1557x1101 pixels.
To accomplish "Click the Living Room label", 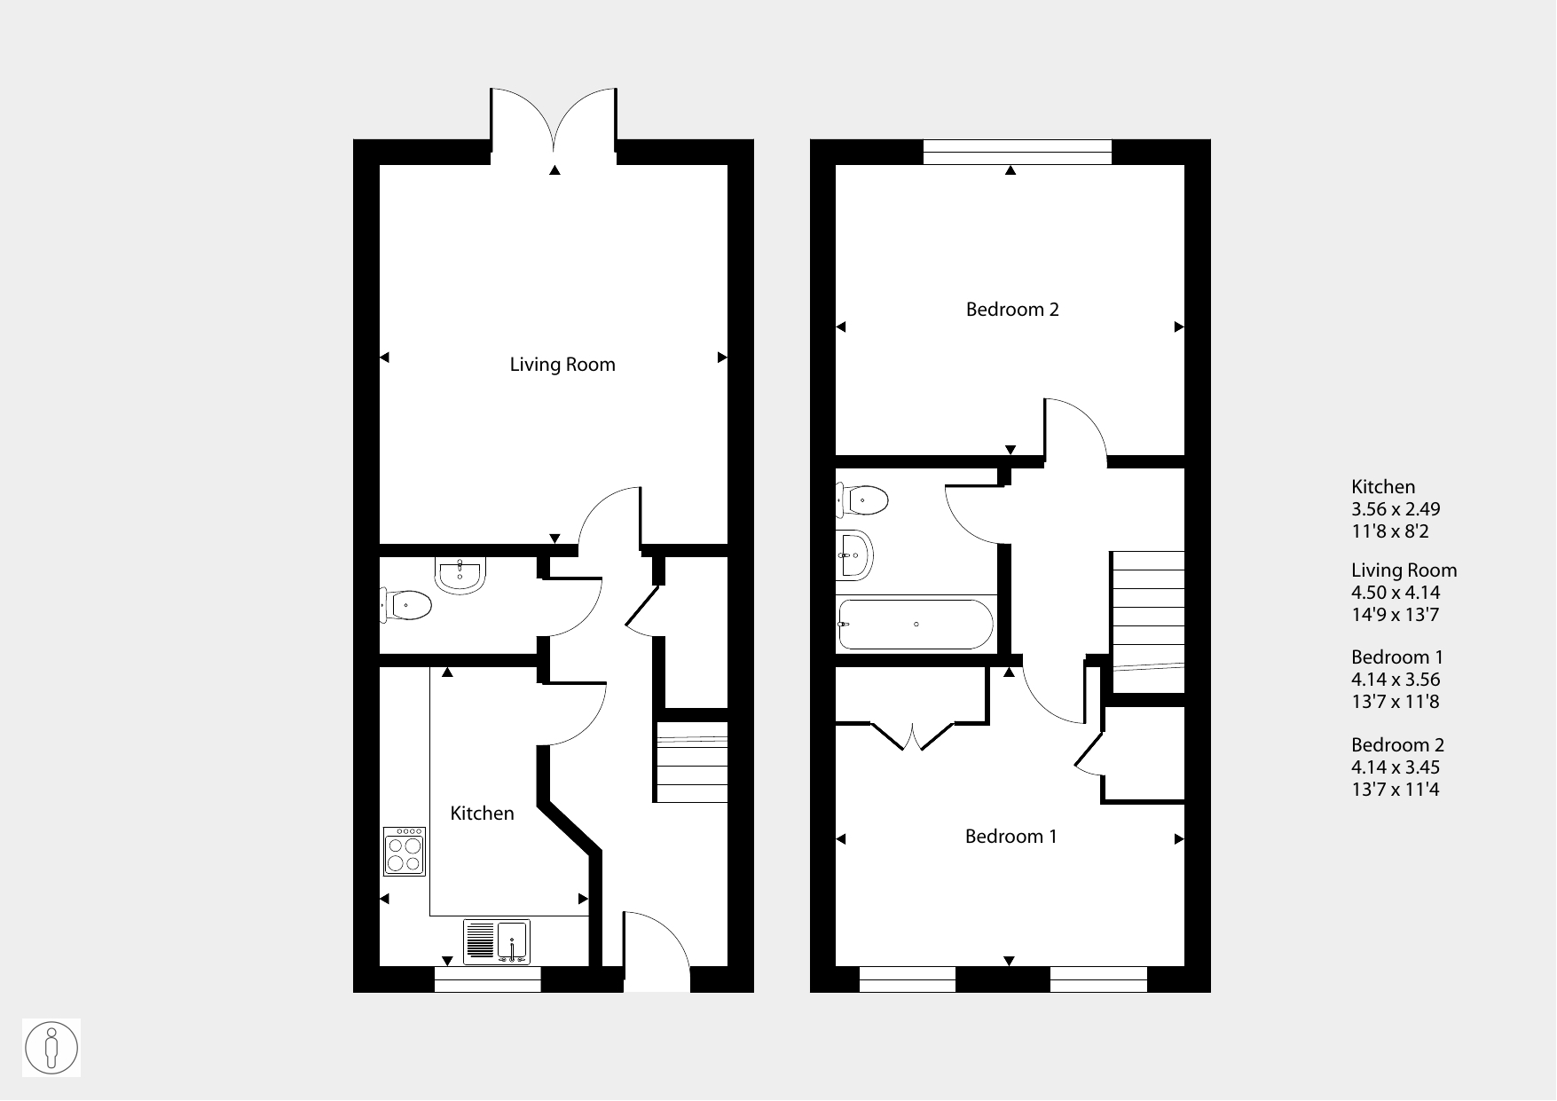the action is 562,365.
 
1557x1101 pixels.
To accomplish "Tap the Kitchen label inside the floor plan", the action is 482,814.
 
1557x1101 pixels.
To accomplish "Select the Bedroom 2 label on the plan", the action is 1012,310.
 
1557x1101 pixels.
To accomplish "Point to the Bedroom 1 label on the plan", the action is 1010,837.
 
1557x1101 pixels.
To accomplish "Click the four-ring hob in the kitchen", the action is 405,852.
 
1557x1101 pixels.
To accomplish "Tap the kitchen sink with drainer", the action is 497,942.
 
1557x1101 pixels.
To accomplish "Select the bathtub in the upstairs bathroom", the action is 916,625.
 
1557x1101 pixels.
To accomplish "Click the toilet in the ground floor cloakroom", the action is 406,606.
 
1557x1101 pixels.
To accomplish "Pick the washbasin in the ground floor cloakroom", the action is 460,575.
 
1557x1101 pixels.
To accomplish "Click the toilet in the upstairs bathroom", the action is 862,500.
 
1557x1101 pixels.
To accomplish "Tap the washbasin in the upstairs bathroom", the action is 854,555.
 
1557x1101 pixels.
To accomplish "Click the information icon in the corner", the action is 51,1048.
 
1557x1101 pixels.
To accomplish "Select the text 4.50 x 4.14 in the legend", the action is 1396,593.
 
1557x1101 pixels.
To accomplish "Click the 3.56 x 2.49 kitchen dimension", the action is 1396,509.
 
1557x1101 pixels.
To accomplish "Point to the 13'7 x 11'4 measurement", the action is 1395,790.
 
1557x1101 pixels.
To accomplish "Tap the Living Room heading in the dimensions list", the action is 1404,570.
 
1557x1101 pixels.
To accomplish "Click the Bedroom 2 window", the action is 1017,152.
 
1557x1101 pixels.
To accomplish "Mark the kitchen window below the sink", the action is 487,979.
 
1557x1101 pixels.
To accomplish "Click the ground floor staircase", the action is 692,762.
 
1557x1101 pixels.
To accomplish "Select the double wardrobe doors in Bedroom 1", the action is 914,736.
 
